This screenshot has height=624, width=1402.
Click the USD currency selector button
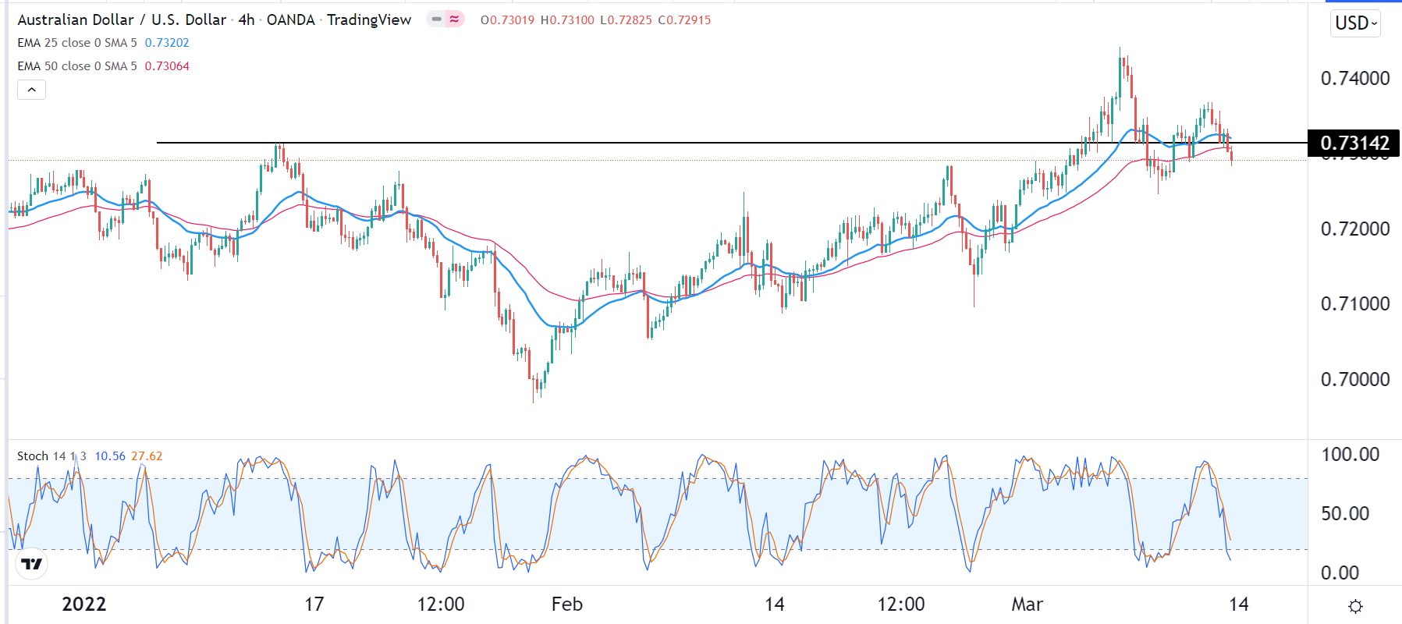pos(1355,23)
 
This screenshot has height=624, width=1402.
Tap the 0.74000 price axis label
pos(1354,78)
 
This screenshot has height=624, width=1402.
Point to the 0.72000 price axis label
pos(1354,229)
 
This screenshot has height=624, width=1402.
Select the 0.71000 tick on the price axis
pos(1354,303)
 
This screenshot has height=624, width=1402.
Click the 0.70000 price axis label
pos(1354,379)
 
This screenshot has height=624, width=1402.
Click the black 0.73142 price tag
pos(1354,143)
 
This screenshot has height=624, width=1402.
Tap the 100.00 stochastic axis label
pos(1350,454)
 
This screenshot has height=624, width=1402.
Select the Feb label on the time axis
pos(566,604)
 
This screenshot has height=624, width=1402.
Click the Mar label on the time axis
pos(1027,604)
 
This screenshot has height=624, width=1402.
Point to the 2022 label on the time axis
pos(83,604)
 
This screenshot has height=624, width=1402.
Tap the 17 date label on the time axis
pos(314,604)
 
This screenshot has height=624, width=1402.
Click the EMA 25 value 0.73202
pos(167,43)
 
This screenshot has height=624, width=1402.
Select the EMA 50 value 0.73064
pos(167,66)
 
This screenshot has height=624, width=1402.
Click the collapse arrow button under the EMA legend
pos(31,90)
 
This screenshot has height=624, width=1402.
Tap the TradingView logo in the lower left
pos(32,563)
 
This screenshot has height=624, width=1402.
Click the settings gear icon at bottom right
pos(1355,606)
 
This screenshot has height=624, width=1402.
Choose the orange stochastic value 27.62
pos(147,456)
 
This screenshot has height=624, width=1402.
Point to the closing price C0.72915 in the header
pos(684,20)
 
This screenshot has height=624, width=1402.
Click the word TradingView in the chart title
pos(369,19)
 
